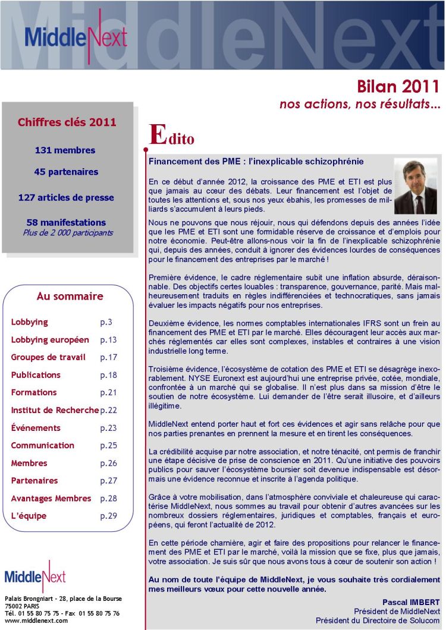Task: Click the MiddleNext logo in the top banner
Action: click(76, 37)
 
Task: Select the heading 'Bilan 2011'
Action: click(398, 86)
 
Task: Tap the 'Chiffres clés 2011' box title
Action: click(67, 122)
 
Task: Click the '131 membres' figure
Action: click(65, 150)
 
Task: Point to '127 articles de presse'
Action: click(66, 197)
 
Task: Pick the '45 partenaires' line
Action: click(66, 172)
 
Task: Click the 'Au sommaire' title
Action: click(70, 296)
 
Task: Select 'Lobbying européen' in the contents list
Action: click(50, 340)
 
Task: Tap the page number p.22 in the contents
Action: click(108, 410)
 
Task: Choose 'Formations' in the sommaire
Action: click(34, 392)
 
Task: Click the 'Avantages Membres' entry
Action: click(51, 498)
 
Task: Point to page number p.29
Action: click(108, 516)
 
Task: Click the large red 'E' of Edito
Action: click(157, 134)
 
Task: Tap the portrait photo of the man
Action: click(415, 186)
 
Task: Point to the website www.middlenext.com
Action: click(36, 620)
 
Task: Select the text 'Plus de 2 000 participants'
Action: click(68, 232)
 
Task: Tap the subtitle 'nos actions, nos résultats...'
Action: click(360, 104)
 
